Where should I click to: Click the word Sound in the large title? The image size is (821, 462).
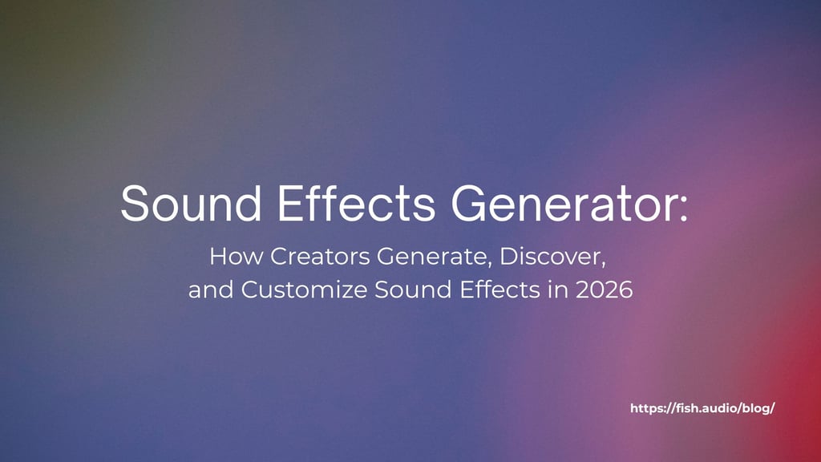pos(191,203)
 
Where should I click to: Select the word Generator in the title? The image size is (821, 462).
pos(563,203)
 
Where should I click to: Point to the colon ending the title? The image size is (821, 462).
pos(683,209)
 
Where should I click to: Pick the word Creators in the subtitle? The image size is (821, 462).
pos(321,256)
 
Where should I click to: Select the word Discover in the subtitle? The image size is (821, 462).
pos(552,257)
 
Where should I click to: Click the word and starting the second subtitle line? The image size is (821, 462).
pos(211,290)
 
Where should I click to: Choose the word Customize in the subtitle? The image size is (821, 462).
pos(304,290)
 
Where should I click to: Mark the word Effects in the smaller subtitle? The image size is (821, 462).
pos(500,290)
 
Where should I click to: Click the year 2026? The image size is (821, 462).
pos(605,290)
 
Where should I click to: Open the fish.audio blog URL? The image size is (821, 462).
pos(702,408)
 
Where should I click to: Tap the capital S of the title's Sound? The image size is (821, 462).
pos(135,203)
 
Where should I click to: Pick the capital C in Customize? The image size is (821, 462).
pos(250,290)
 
